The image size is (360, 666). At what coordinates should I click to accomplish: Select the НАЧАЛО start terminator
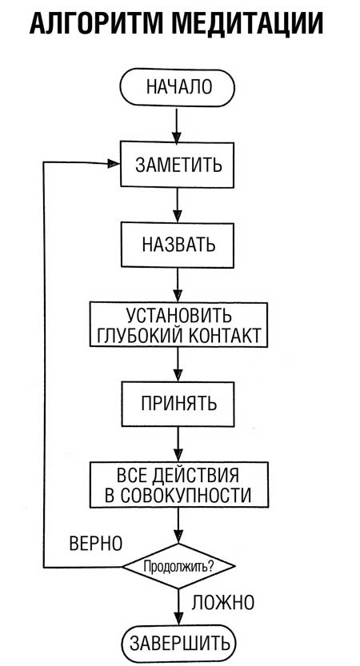[x=178, y=87]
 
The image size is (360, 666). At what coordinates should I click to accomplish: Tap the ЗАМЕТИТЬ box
[x=178, y=163]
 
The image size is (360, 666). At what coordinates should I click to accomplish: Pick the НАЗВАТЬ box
[x=178, y=244]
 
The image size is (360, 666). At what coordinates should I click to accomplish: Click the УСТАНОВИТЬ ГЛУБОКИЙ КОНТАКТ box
[x=178, y=324]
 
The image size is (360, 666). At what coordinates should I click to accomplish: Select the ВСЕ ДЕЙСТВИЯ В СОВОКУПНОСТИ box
[x=178, y=483]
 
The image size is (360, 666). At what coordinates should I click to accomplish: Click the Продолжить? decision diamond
[x=178, y=567]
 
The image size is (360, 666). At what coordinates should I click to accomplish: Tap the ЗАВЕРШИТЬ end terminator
[x=178, y=643]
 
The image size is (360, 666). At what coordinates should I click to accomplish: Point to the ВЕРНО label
[x=95, y=544]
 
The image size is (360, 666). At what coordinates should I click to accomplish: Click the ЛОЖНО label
[x=223, y=601]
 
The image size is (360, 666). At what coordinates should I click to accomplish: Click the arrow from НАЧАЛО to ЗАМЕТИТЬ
[x=177, y=123]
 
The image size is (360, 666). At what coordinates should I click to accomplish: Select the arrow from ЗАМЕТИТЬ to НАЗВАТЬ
[x=177, y=204]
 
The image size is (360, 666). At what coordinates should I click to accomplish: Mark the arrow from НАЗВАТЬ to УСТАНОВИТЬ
[x=177, y=284]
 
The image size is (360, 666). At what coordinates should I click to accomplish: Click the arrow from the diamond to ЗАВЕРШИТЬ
[x=177, y=605]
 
